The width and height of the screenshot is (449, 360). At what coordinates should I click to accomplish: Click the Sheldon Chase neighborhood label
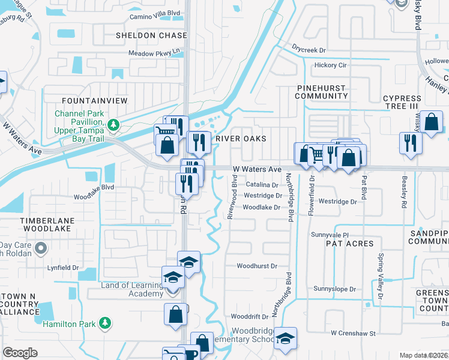click(x=151, y=35)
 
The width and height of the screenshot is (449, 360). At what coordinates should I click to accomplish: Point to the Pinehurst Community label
click(x=322, y=92)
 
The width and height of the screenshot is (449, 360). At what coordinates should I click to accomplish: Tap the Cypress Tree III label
click(x=402, y=102)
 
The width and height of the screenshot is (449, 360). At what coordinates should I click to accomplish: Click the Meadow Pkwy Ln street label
click(x=154, y=52)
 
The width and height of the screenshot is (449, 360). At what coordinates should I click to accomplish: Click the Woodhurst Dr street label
click(x=256, y=266)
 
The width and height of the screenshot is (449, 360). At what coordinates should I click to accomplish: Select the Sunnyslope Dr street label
click(x=331, y=289)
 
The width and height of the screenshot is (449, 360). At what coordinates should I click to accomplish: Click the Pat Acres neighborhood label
click(x=349, y=244)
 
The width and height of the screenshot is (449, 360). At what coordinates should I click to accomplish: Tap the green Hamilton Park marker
click(x=105, y=323)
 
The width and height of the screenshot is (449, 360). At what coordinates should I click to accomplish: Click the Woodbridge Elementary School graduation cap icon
click(x=286, y=337)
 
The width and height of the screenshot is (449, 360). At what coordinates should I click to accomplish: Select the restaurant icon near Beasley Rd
click(x=411, y=143)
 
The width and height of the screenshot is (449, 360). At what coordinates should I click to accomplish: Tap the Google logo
click(x=20, y=353)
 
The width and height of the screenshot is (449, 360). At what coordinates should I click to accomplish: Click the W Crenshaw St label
click(x=352, y=332)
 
